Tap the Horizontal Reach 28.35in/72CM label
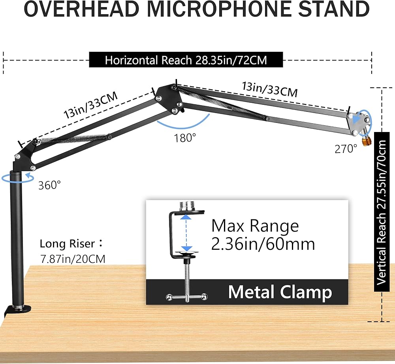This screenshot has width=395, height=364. click(186, 60)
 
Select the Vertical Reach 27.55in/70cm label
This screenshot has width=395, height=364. click(382, 212)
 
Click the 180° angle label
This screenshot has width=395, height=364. click(185, 138)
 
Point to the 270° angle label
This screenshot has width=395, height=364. click(346, 149)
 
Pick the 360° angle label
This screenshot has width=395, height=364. click(50, 185)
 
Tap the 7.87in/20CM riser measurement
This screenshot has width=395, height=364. click(73, 259)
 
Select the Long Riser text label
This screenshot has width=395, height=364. click(71, 244)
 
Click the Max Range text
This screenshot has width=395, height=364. click(255, 226)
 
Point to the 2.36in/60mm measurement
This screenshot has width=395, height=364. click(263, 244)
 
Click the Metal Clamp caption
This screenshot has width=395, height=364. click(280, 292)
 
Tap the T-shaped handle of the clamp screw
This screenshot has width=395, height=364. click(187, 297)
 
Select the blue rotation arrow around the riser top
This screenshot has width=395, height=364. click(18, 178)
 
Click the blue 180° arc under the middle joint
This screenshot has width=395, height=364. click(183, 123)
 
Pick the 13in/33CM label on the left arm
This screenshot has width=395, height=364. click(90, 105)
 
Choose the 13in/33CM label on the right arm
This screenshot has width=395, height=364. click(270, 89)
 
